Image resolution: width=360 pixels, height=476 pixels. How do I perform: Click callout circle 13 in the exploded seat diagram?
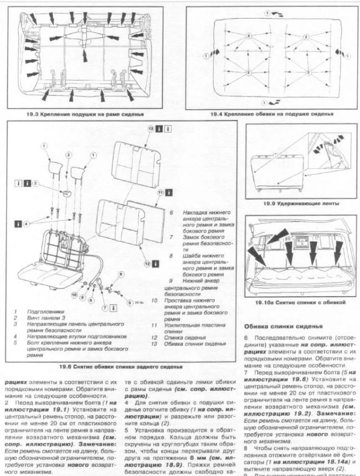[x=151, y=128]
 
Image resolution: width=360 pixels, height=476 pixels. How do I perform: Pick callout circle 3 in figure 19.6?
[x=34, y=183]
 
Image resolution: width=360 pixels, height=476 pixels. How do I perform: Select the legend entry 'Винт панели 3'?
[x=48, y=319]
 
